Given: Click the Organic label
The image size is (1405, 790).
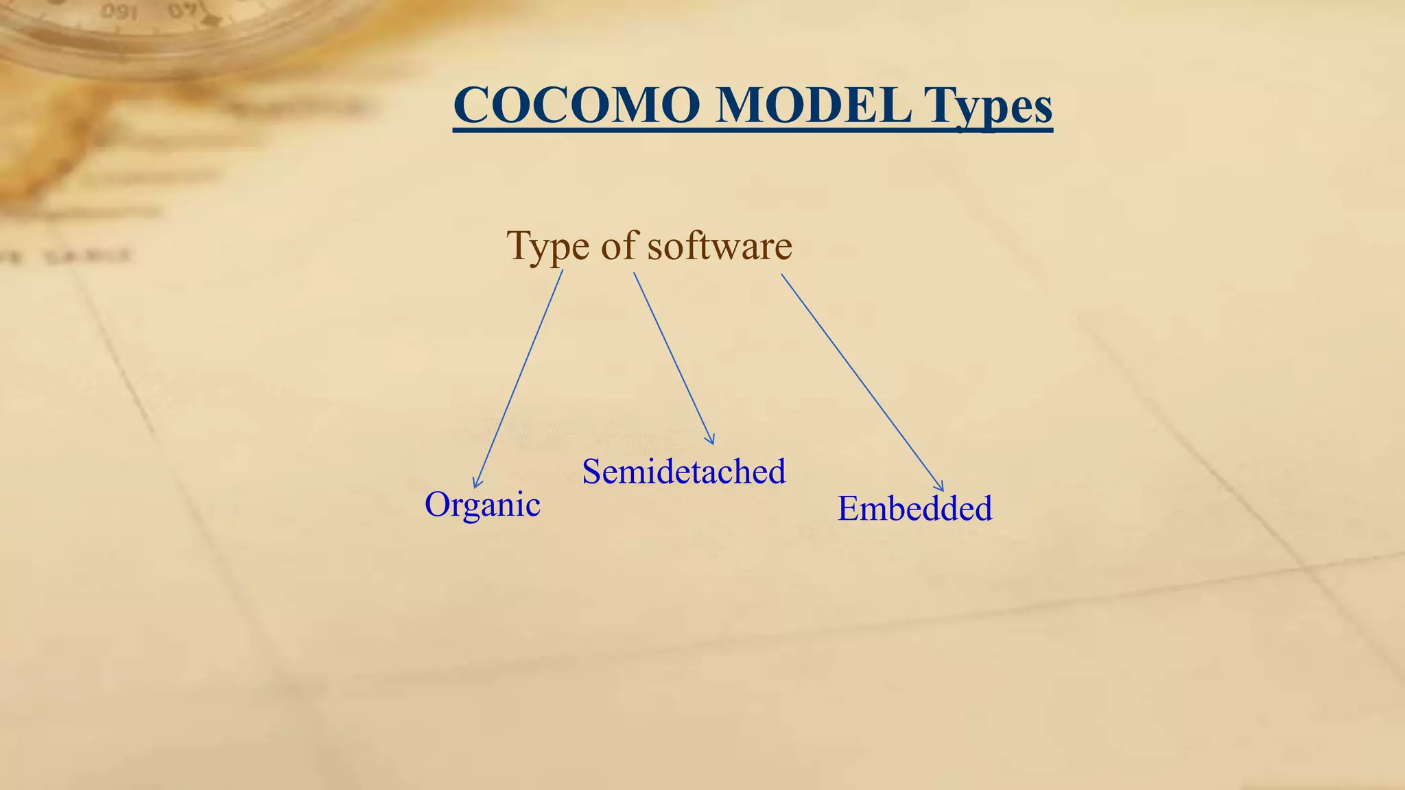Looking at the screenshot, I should pyautogui.click(x=482, y=505).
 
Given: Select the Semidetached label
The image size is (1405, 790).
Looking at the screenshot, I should pyautogui.click(x=683, y=472).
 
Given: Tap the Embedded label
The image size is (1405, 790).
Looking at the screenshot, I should pyautogui.click(x=914, y=509).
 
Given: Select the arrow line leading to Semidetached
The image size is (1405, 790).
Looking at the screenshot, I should pyautogui.click(x=672, y=357).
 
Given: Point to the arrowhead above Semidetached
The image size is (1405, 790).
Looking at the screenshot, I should pyautogui.click(x=711, y=440).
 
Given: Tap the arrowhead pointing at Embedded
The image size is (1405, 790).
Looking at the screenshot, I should pyautogui.click(x=940, y=487).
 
